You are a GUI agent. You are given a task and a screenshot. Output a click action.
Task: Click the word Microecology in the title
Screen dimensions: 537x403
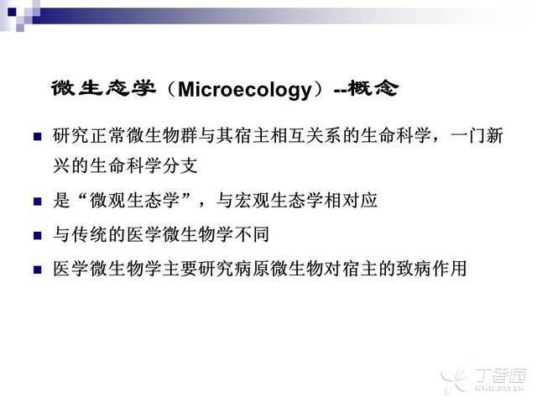click(245, 90)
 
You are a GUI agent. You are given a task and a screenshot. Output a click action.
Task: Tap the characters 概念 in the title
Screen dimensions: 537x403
click(373, 88)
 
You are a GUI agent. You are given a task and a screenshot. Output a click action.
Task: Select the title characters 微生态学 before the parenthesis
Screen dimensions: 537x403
click(104, 88)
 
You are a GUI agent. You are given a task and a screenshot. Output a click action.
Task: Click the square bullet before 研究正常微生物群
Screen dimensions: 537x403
click(37, 137)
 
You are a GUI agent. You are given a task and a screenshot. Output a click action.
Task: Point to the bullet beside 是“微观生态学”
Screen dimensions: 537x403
click(37, 201)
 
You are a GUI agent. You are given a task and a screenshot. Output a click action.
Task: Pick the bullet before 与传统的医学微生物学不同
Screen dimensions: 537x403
click(37, 235)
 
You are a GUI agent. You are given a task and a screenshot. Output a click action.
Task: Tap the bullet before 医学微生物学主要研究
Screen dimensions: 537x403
click(37, 270)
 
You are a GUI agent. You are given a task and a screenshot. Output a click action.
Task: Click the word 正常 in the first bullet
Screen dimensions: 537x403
click(107, 136)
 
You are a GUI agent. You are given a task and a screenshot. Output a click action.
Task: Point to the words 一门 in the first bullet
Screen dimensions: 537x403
click(468, 136)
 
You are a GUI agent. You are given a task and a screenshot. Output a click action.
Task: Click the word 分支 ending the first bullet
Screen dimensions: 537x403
click(180, 166)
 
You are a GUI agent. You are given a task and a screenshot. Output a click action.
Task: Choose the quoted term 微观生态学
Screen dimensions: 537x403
click(134, 200)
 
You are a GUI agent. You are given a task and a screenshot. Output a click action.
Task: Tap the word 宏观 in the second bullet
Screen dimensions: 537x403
click(252, 200)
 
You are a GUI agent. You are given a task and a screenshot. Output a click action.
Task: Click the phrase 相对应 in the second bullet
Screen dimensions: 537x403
click(351, 200)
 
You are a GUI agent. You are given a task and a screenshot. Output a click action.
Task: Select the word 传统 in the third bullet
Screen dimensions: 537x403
click(89, 234)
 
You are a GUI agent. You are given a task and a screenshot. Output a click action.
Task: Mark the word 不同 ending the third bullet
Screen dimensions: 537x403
click(252, 234)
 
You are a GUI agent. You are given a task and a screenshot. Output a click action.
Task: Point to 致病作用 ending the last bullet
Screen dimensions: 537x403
click(431, 269)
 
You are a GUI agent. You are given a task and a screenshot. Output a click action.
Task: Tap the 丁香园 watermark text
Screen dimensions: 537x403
click(501, 376)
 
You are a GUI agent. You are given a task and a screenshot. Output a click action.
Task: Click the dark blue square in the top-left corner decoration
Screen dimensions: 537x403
click(12, 13)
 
